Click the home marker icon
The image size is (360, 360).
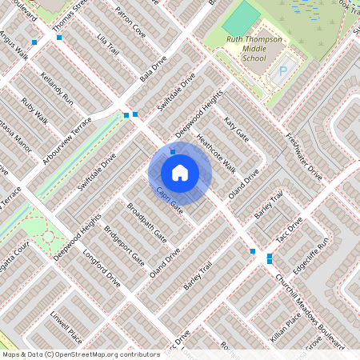click(180, 172)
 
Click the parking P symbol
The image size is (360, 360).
click(282, 73)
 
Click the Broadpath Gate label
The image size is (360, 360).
click(146, 222)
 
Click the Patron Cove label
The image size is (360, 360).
click(130, 23)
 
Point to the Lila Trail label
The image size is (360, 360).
click(106, 46)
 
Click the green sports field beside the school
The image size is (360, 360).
click(241, 18)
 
